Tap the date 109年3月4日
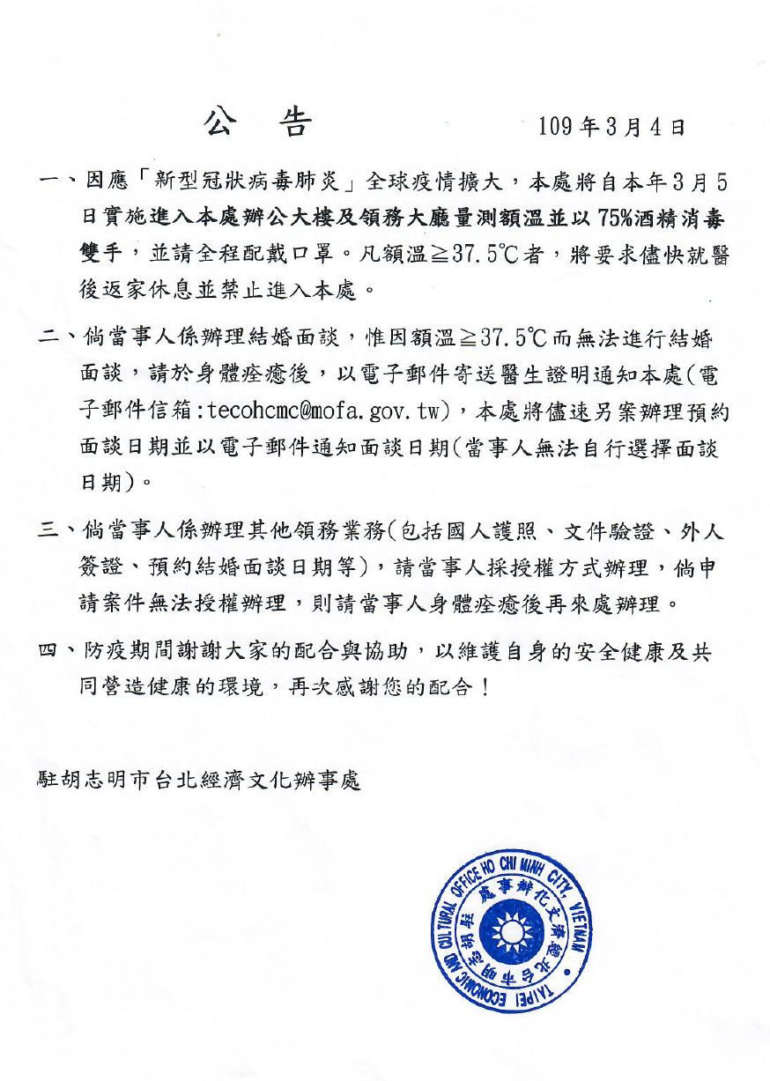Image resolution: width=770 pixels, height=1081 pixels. pyautogui.click(x=611, y=127)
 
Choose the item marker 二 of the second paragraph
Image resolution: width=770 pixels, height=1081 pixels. pyautogui.click(x=50, y=338)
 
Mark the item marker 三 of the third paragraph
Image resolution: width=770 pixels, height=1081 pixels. pyautogui.click(x=50, y=531)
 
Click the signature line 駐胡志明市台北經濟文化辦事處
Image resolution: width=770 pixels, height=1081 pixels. pyautogui.click(x=199, y=781)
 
